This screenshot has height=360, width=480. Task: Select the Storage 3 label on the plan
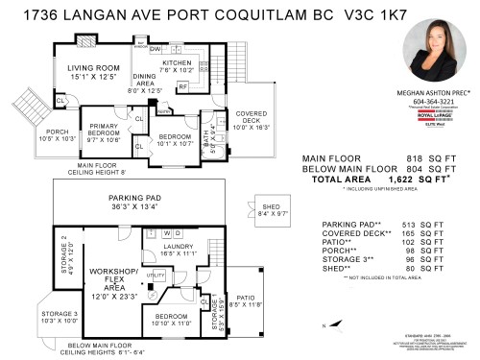(59, 316)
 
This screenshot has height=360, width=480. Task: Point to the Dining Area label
(146, 85)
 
